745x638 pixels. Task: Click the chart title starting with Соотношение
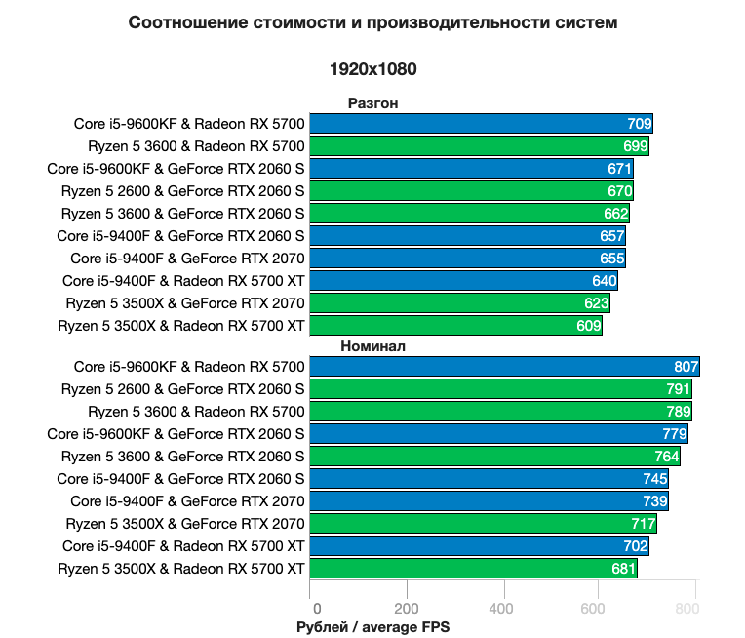point(372,22)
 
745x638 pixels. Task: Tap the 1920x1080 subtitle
point(372,70)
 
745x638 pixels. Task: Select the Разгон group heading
point(372,103)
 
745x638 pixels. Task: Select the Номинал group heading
point(372,346)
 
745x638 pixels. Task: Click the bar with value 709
point(481,123)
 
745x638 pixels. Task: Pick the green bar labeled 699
point(479,146)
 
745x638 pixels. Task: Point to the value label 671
point(619,169)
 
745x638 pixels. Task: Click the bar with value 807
point(504,367)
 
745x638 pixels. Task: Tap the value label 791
point(678,389)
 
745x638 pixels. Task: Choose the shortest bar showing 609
point(455,326)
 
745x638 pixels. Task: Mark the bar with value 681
point(473,569)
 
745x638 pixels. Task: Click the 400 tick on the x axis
point(502,610)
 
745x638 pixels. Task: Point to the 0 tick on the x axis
point(310,610)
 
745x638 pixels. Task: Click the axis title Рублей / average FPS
point(372,627)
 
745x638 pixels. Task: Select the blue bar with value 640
point(463,281)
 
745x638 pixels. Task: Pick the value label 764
point(666,457)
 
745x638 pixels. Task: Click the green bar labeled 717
point(483,524)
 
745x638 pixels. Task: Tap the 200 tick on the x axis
point(406,610)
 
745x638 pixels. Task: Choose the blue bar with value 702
point(479,546)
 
